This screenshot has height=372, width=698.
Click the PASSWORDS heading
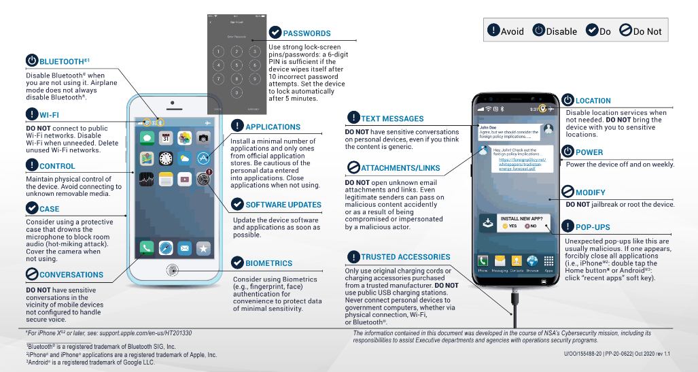tap(307, 33)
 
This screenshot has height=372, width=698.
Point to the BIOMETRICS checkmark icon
tap(238, 263)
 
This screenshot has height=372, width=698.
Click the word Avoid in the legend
tap(511, 31)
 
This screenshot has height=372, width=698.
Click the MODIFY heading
tap(589, 193)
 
